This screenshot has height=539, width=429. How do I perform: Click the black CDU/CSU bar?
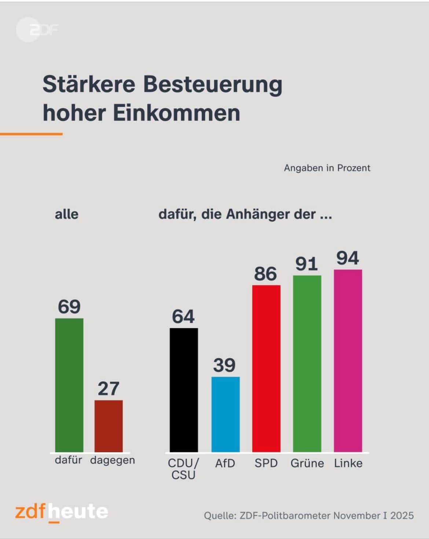pyautogui.click(x=184, y=390)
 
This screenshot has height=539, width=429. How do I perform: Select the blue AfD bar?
pyautogui.click(x=225, y=414)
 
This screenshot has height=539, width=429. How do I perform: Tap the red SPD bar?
pyautogui.click(x=266, y=368)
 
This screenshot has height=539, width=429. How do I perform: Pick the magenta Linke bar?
pyautogui.click(x=348, y=361)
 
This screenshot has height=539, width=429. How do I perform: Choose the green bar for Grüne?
pyautogui.click(x=307, y=363)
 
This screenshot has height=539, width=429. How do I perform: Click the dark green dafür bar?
pyautogui.click(x=69, y=385)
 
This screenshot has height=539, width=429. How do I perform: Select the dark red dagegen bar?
pyautogui.click(x=109, y=426)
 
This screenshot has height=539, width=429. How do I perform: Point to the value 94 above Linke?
pyautogui.click(x=348, y=258)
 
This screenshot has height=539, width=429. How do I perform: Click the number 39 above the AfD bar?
pyautogui.click(x=224, y=365)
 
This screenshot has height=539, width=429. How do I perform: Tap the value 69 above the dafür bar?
pyautogui.click(x=69, y=307)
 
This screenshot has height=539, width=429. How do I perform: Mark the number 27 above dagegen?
pyautogui.click(x=109, y=389)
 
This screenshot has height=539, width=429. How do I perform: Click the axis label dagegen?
pyautogui.click(x=113, y=460)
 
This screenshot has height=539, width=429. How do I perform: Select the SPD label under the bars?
pyautogui.click(x=266, y=463)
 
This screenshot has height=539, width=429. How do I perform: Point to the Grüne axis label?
pyautogui.click(x=307, y=463)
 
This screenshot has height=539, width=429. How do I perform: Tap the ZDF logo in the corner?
pyautogui.click(x=37, y=30)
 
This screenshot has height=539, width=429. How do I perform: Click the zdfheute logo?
pyautogui.click(x=62, y=512)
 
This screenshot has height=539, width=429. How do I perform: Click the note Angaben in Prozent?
pyautogui.click(x=327, y=168)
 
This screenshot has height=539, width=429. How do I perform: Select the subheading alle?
pyautogui.click(x=67, y=214)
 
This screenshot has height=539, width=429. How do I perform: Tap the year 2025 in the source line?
pyautogui.click(x=402, y=516)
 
